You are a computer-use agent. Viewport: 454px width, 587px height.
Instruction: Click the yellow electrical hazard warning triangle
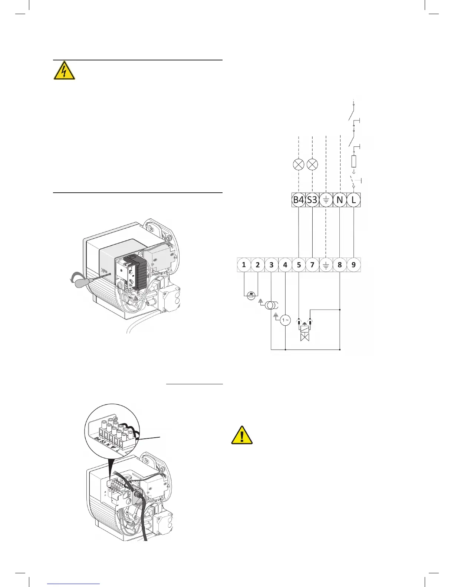click(64, 71)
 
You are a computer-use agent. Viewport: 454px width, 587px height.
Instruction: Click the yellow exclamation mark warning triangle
click(242, 435)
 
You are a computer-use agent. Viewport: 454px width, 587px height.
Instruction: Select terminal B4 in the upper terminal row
click(299, 200)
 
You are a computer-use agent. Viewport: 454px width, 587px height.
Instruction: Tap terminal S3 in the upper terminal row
click(313, 200)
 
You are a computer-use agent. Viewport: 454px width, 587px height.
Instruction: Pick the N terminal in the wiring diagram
click(340, 200)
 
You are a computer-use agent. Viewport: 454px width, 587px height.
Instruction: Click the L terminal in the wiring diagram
click(353, 200)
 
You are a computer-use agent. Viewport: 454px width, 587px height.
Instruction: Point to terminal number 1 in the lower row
click(244, 265)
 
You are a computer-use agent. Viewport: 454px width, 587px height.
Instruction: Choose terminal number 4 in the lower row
click(285, 265)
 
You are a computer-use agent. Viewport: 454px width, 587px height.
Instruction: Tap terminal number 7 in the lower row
click(312, 265)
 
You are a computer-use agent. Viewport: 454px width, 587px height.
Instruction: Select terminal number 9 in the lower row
click(353, 265)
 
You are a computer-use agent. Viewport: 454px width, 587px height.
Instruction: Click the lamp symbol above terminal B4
click(299, 165)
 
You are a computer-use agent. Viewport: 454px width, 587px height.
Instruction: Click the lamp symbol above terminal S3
click(313, 165)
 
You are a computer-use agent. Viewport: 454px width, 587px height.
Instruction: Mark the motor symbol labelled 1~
click(285, 320)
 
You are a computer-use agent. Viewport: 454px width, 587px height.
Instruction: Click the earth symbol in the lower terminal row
click(326, 265)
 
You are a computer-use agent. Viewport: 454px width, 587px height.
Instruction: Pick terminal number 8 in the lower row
click(340, 265)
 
